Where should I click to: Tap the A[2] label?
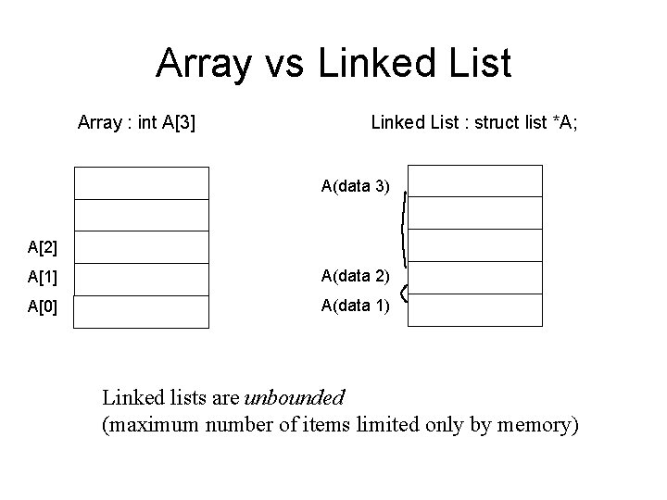(43, 246)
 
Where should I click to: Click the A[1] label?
(43, 278)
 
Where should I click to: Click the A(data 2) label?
(356, 276)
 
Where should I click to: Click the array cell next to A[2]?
(142, 246)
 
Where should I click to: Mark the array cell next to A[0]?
(142, 311)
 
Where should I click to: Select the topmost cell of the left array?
(142, 182)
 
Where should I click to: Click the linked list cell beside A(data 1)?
(474, 310)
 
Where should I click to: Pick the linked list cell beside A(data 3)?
(474, 181)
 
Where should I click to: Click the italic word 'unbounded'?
(294, 398)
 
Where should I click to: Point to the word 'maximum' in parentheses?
(149, 425)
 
